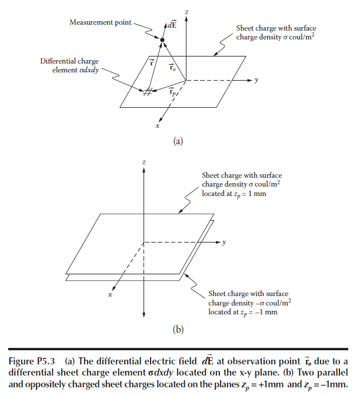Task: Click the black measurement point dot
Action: [x=162, y=40]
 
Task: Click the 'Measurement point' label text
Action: [x=101, y=22]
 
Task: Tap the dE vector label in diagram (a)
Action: [x=172, y=25]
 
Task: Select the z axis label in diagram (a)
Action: [x=186, y=12]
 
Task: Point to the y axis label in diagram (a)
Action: [x=256, y=80]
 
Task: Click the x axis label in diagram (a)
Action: [x=157, y=125]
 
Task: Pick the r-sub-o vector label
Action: [x=172, y=67]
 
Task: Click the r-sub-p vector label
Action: [x=172, y=92]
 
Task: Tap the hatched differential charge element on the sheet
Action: [x=148, y=92]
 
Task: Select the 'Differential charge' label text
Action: [x=69, y=61]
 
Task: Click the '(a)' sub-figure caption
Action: [x=178, y=141]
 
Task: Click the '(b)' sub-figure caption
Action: [x=178, y=330]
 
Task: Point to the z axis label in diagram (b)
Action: [x=144, y=162]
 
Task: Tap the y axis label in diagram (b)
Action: [x=224, y=243]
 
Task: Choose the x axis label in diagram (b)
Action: [x=110, y=294]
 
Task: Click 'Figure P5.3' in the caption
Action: [x=32, y=361]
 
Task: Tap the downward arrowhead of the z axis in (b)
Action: [x=144, y=315]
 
